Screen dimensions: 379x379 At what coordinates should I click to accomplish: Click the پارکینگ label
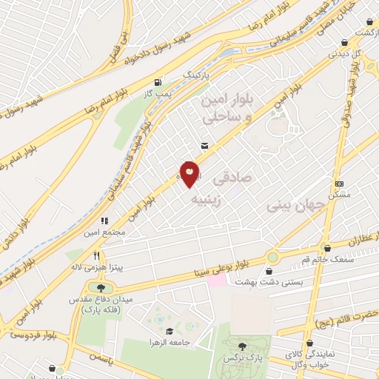(x=196, y=76)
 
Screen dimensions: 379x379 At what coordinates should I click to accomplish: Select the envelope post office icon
(x=204, y=146)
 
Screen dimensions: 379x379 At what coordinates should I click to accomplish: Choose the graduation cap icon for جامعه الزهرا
(x=169, y=332)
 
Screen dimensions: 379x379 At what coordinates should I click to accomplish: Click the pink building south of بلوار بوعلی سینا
(x=215, y=281)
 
